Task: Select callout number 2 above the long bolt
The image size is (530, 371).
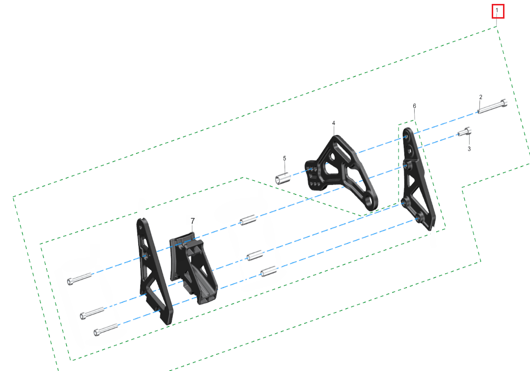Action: tap(481, 97)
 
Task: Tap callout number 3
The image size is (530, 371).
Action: tap(469, 148)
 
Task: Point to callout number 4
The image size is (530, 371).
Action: tap(334, 123)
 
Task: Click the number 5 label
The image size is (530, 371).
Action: tap(284, 158)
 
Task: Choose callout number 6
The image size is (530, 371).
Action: tap(414, 106)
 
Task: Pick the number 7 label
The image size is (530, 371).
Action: tap(193, 221)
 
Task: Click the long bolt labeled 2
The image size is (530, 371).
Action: tap(492, 106)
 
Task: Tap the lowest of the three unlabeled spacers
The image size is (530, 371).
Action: tap(268, 271)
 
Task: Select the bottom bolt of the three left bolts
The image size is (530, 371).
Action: tap(106, 330)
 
